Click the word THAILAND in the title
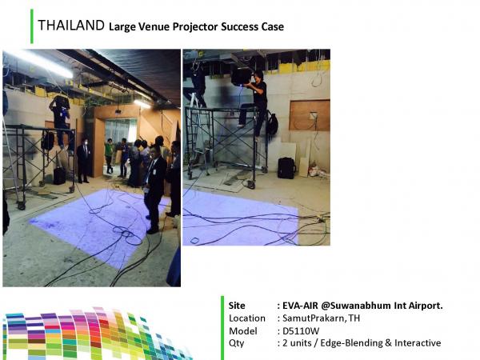coord(71,25)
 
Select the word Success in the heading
coord(240,26)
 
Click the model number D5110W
coord(301,331)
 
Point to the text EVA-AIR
coord(300,306)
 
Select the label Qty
coord(236,343)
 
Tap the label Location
coord(247,318)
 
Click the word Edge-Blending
coord(351,343)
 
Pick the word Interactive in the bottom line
coord(418,343)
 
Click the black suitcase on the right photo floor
coord(286,168)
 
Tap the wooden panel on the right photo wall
coord(310,115)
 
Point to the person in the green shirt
coord(109,155)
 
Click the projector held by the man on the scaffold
coord(242,76)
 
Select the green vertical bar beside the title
coord(32,26)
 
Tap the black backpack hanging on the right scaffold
coord(272,123)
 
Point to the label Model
coord(243,331)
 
